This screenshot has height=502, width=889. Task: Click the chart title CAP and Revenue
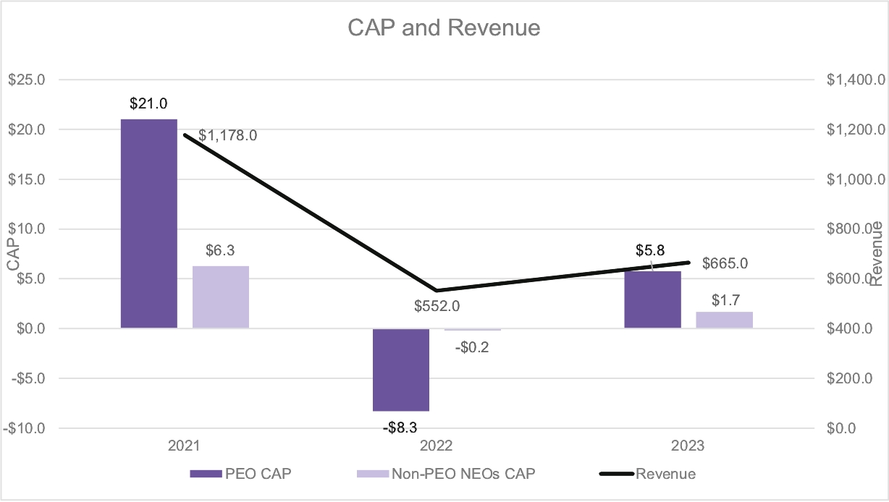click(444, 28)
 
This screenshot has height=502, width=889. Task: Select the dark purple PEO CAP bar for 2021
click(149, 224)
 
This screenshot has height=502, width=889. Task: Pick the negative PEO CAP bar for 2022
click(401, 370)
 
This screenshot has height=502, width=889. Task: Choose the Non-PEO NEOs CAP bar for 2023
click(725, 320)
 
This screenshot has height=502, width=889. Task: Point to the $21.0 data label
click(148, 104)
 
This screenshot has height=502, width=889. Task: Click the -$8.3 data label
click(400, 427)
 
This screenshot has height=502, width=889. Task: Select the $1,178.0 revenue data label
click(228, 135)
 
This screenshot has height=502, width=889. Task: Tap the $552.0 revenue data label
click(437, 307)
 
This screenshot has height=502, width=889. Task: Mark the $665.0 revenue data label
click(725, 263)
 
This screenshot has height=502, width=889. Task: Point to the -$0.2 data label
click(472, 346)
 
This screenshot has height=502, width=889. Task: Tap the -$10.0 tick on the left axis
click(25, 428)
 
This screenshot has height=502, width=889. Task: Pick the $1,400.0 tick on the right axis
click(855, 80)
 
